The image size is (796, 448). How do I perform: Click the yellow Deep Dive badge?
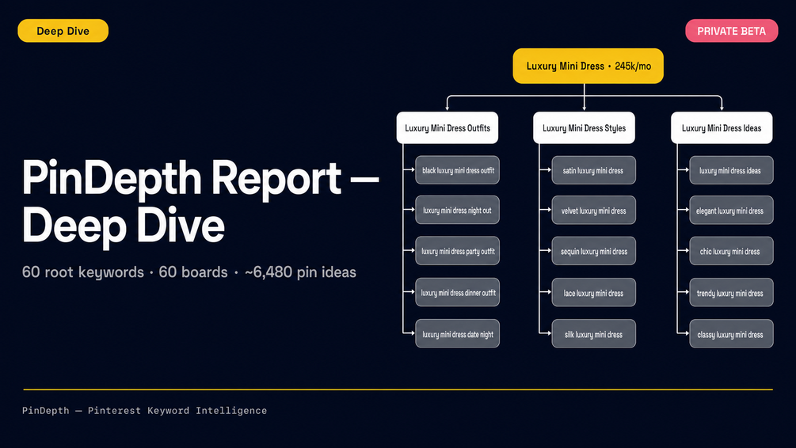click(x=63, y=31)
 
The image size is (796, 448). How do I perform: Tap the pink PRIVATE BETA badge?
click(x=732, y=31)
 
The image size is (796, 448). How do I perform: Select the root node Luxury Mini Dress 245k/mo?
click(x=588, y=66)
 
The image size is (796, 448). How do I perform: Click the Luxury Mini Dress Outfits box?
click(x=448, y=128)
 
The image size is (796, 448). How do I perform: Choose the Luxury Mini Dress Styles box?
click(x=584, y=128)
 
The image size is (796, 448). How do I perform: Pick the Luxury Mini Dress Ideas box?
click(x=722, y=128)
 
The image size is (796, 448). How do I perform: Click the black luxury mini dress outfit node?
click(x=457, y=170)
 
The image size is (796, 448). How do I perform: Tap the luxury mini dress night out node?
click(x=457, y=210)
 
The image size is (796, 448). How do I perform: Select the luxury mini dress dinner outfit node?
click(x=457, y=292)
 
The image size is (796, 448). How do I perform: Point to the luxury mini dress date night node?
click(x=457, y=334)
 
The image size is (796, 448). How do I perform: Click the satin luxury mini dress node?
click(x=593, y=170)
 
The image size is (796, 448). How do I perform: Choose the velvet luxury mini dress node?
click(x=593, y=210)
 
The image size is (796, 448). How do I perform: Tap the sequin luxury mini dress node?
click(x=593, y=251)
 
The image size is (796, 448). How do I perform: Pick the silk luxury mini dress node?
click(x=593, y=334)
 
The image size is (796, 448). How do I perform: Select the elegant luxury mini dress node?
click(x=731, y=210)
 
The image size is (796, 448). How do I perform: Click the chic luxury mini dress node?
click(x=731, y=251)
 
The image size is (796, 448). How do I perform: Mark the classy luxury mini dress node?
click(x=731, y=334)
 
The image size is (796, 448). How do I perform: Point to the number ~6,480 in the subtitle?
click(x=269, y=272)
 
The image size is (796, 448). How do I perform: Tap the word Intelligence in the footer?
click(x=231, y=411)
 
